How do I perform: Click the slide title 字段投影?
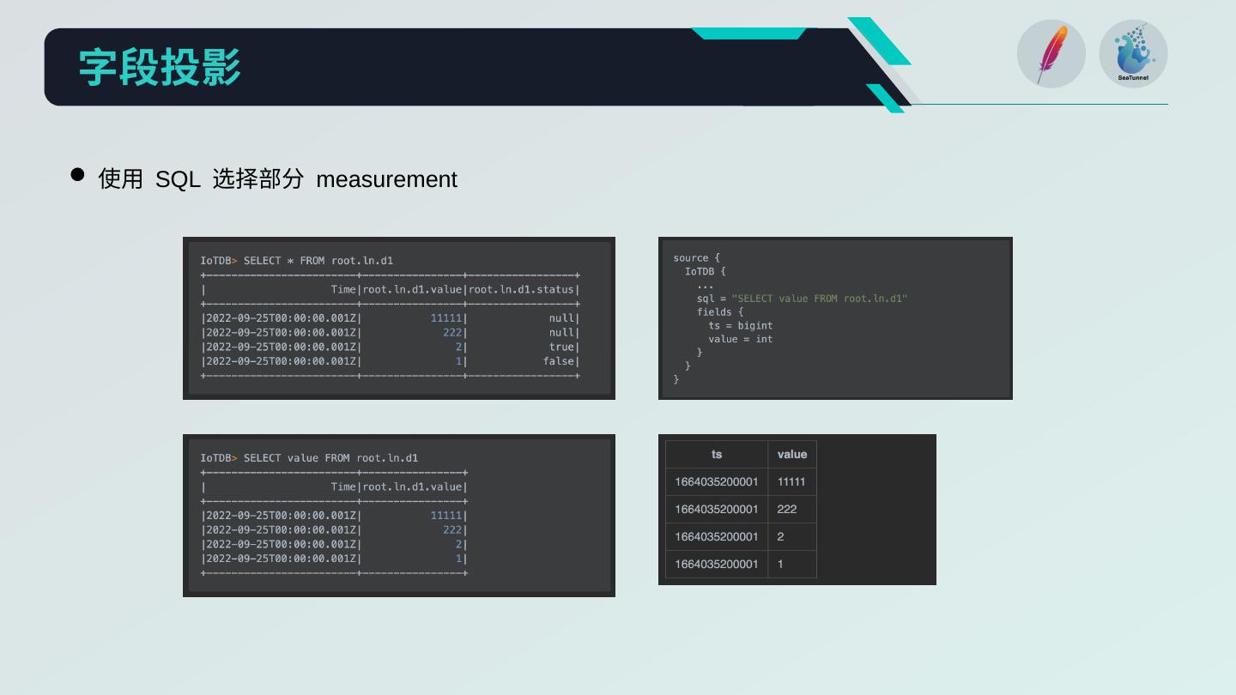click(x=160, y=67)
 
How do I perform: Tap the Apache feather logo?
click(x=1051, y=53)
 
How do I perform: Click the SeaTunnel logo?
click(x=1133, y=53)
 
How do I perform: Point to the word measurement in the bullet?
click(x=386, y=179)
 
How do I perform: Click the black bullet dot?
click(x=77, y=175)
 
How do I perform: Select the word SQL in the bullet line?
click(x=178, y=179)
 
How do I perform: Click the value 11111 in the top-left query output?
click(x=445, y=318)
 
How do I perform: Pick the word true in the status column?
click(x=561, y=347)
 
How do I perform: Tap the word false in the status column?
click(x=559, y=361)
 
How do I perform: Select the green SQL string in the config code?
click(x=819, y=299)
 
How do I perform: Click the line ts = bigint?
click(x=740, y=325)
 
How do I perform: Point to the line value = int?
click(x=740, y=339)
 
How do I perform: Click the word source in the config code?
click(x=691, y=257)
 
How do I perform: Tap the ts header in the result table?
click(x=717, y=454)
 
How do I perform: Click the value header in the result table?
click(x=791, y=454)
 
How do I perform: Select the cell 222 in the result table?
click(x=786, y=509)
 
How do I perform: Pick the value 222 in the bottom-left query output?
click(x=451, y=529)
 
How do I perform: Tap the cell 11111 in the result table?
click(x=791, y=481)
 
